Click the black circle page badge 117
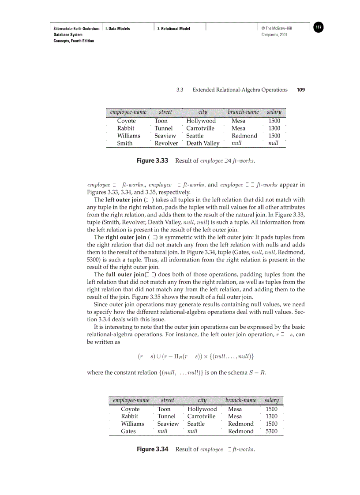coord(319,28)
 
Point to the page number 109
coord(300,90)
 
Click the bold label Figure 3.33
coord(153,161)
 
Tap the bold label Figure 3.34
coord(153,449)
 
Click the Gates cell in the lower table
coord(128,432)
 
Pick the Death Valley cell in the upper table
coord(202,143)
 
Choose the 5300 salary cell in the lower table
coord(272,432)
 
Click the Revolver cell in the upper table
coord(166,143)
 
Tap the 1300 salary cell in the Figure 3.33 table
coord(274,128)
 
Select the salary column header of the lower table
coord(271,400)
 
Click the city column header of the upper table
coord(202,112)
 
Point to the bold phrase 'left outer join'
coord(124,200)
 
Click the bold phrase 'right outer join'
coord(126,238)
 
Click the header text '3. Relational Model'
coord(174,29)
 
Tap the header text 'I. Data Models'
coord(117,29)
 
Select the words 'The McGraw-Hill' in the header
coord(278,29)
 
